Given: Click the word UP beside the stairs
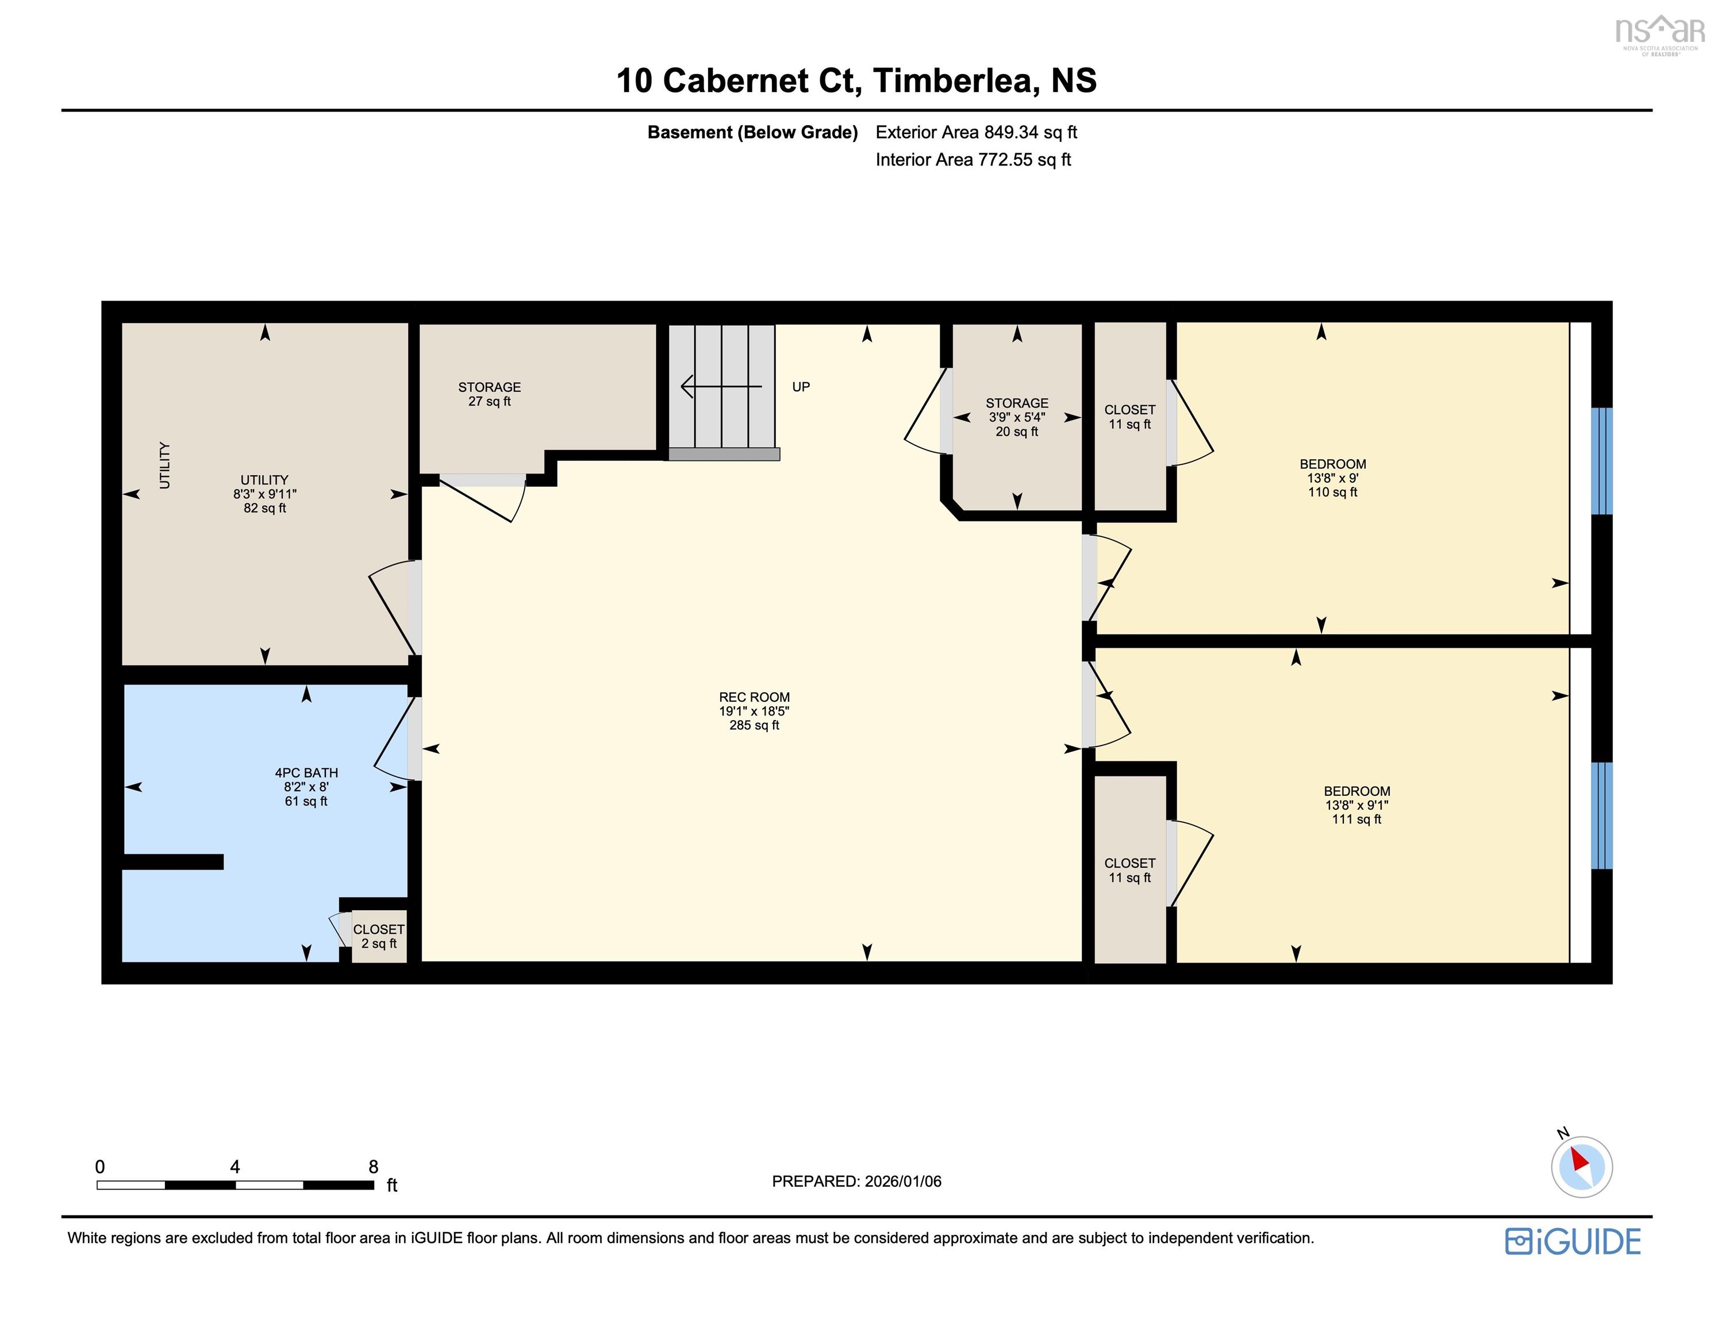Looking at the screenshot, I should (x=801, y=386).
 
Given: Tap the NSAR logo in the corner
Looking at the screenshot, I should (x=1659, y=34).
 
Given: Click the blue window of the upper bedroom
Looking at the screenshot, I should (x=1601, y=461).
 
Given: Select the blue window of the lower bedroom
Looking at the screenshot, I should (x=1601, y=815).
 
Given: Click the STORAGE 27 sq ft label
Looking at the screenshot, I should (x=489, y=394).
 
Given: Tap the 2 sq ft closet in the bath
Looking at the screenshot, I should (x=378, y=936).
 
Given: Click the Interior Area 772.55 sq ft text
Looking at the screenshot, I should (x=973, y=159).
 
